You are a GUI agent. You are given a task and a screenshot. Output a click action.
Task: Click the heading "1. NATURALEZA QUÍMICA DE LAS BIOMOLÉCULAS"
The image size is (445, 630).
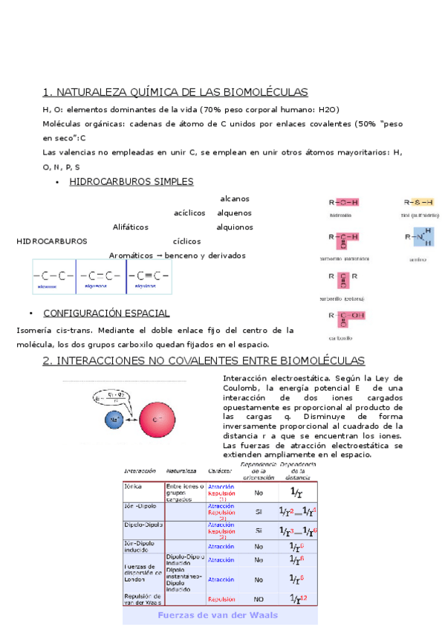pyautogui.click(x=175, y=92)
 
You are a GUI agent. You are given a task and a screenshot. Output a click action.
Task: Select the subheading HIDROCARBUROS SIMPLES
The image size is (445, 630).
pyautogui.click(x=131, y=181)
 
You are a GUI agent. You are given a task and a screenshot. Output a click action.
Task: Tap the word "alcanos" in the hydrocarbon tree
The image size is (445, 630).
pyautogui.click(x=235, y=198)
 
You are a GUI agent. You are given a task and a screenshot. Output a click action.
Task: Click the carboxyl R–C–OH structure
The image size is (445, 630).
pyautogui.click(x=343, y=317)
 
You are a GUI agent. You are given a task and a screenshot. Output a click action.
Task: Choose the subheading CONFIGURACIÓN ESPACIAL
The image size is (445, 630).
pyautogui.click(x=106, y=313)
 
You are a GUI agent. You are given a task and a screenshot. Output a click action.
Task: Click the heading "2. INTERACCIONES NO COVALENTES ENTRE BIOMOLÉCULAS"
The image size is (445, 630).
pyautogui.click(x=204, y=360)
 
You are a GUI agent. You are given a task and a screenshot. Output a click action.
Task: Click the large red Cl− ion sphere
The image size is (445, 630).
pyautogui.click(x=157, y=420)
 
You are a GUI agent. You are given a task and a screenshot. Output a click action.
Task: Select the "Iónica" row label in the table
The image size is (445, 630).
pyautogui.click(x=134, y=486)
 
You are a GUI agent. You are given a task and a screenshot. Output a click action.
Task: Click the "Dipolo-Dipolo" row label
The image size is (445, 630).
pyautogui.click(x=142, y=525)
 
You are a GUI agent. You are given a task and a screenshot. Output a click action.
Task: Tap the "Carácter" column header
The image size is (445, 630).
pyautogui.click(x=220, y=470)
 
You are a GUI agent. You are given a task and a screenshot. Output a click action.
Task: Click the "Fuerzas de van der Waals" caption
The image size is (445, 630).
pyautogui.click(x=220, y=615)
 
